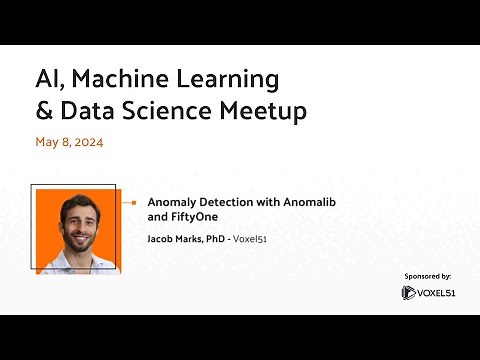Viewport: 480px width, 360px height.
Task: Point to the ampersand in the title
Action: (x=43, y=112)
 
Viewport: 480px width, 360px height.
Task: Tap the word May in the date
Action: (x=47, y=143)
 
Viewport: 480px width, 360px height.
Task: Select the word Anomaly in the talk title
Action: (x=172, y=201)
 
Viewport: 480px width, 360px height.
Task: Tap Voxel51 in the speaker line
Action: (x=263, y=239)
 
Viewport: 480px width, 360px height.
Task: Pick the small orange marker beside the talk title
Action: (x=132, y=201)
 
